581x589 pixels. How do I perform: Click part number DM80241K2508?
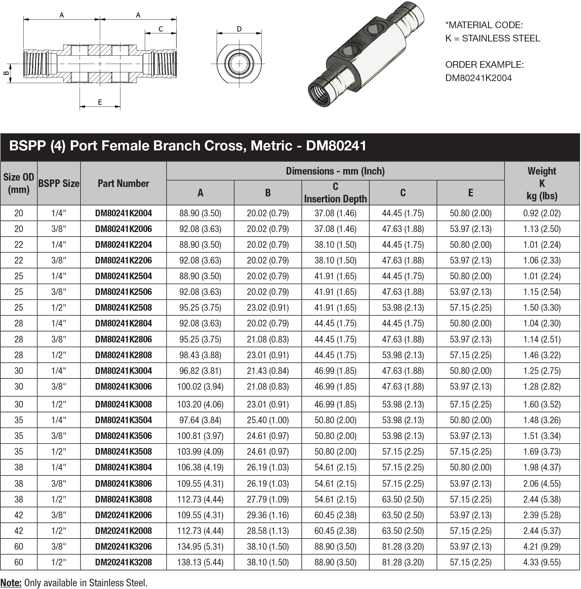pyautogui.click(x=123, y=307)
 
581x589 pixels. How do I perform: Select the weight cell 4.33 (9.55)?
pyautogui.click(x=542, y=562)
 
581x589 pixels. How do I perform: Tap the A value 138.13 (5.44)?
pyautogui.click(x=200, y=562)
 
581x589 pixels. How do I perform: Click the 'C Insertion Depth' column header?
pyautogui.click(x=335, y=192)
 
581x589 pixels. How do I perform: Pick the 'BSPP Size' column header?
pyautogui.click(x=59, y=183)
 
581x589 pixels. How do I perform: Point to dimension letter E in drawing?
pyautogui.click(x=100, y=102)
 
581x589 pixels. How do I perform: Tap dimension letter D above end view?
pyautogui.click(x=239, y=29)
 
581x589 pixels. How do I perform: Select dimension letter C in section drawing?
pyautogui.click(x=161, y=29)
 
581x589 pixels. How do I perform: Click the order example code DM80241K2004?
pyautogui.click(x=478, y=78)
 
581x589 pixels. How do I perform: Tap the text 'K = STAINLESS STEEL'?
pyautogui.click(x=492, y=38)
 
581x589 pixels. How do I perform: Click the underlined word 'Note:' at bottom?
pyautogui.click(x=11, y=583)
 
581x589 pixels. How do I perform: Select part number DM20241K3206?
pyautogui.click(x=123, y=546)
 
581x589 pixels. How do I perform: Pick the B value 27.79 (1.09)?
pyautogui.click(x=268, y=499)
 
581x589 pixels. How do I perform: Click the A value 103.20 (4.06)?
pyautogui.click(x=200, y=404)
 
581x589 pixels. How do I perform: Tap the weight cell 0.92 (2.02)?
pyautogui.click(x=542, y=213)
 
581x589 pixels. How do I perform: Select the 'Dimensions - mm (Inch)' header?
pyautogui.click(x=335, y=171)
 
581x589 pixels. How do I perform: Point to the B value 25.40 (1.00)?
pyautogui.click(x=268, y=420)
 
